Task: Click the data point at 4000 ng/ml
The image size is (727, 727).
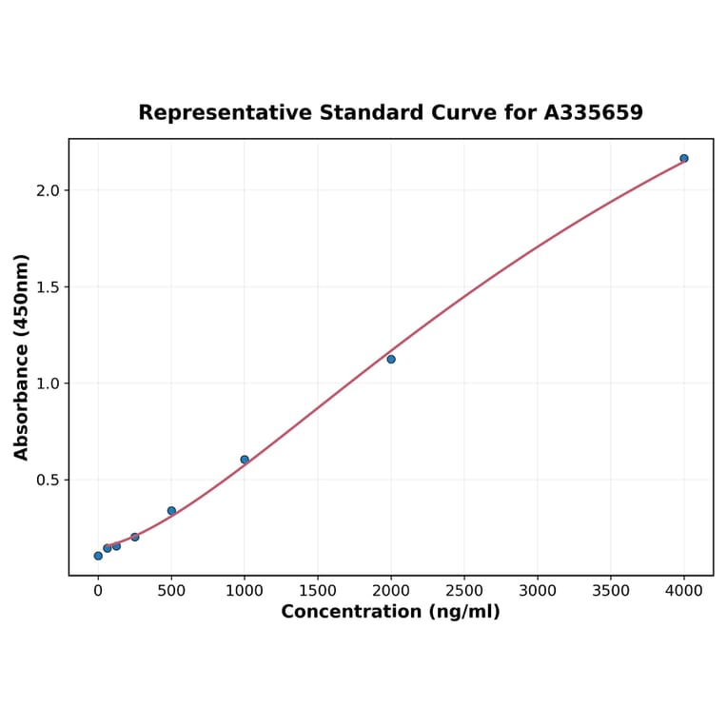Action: pos(684,158)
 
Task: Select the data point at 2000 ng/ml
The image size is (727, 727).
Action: pos(391,359)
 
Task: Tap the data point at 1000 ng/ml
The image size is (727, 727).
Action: pos(245,460)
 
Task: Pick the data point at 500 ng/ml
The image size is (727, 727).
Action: pos(171,511)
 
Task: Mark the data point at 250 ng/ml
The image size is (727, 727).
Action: pos(135,537)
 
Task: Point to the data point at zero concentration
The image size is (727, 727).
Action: pos(98,556)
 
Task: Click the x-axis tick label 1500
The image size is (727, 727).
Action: pos(318,591)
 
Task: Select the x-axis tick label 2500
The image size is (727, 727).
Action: pos(464,591)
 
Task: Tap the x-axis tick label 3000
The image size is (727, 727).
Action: pos(538,591)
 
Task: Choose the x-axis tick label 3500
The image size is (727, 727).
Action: pos(611,591)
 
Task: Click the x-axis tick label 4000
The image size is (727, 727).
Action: pos(684,591)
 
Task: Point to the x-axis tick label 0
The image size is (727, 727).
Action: pos(98,591)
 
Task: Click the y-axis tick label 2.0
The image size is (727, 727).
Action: pos(48,190)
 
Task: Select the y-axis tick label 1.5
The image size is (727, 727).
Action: pos(48,287)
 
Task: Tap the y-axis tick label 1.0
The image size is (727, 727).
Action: pos(48,383)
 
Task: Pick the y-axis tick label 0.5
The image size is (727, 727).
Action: pos(48,481)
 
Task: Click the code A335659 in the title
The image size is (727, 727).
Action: pos(594,112)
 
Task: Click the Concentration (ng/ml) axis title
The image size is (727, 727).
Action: pos(390,612)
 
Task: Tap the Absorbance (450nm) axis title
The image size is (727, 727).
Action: pos(22,357)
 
